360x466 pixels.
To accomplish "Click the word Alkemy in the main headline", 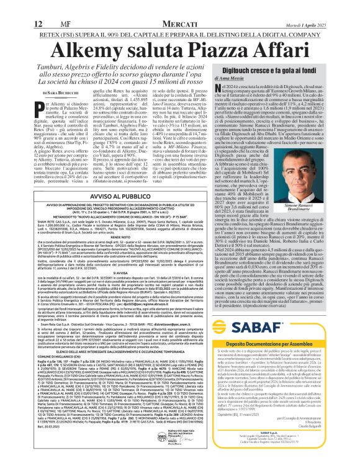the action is pos(74,33).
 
